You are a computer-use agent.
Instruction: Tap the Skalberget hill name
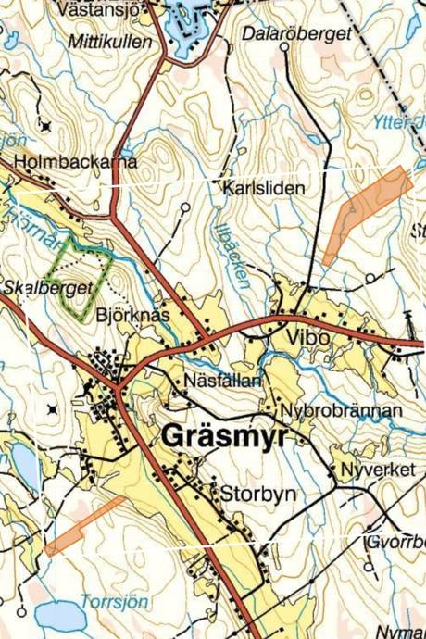pyautogui.click(x=48, y=287)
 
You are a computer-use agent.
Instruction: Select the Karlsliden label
pyautogui.click(x=264, y=187)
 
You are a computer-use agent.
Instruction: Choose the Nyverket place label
pyautogui.click(x=377, y=470)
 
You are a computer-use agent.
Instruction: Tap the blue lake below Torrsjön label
pyautogui.click(x=60, y=615)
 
